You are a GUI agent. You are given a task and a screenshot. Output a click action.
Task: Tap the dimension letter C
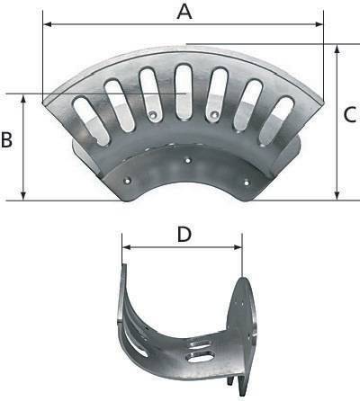coord(351,115)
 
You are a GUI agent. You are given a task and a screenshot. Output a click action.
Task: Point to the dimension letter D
coord(184,234)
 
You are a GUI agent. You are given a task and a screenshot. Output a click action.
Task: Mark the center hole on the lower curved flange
coord(186,160)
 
